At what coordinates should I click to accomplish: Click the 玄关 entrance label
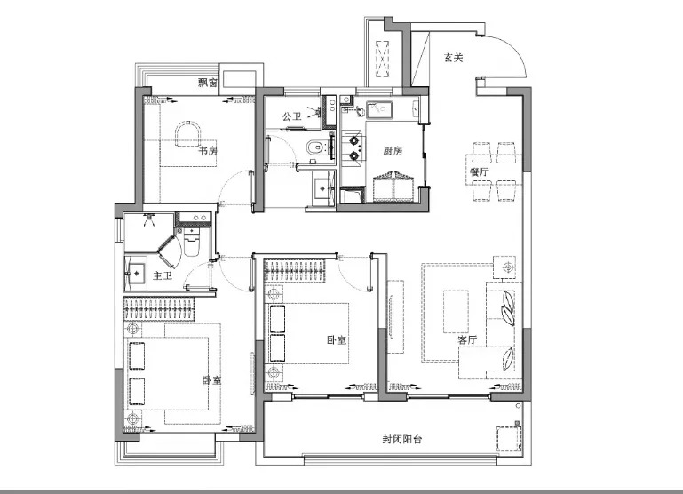454,58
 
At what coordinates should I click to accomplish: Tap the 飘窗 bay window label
208,83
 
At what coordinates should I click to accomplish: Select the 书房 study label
208,151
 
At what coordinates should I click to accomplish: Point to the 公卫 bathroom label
291,116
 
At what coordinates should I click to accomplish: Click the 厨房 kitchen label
393,151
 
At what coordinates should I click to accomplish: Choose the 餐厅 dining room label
479,171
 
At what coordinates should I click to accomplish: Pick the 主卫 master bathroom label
162,275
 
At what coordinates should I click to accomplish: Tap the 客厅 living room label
467,339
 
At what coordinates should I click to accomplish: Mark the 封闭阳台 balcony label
402,439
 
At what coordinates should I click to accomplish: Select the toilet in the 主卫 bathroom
192,242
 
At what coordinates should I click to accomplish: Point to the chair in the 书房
187,134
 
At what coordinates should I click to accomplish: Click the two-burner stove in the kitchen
353,148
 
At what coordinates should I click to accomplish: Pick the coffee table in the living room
456,312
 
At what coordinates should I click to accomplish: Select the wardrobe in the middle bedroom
295,271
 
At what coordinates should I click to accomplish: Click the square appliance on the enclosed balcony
509,438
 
